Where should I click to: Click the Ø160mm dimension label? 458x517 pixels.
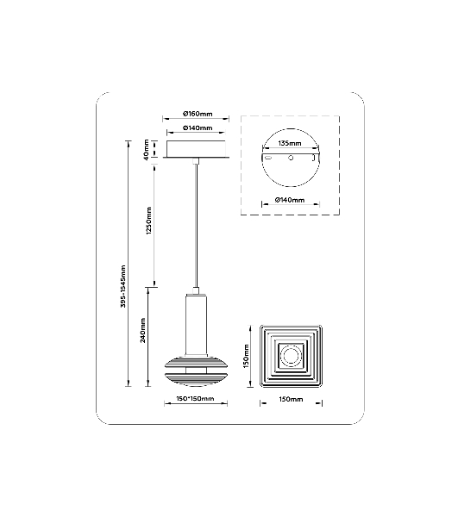pyautogui.click(x=198, y=114)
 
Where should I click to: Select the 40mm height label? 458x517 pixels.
pyautogui.click(x=146, y=150)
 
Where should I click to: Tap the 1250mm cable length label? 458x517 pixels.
pyautogui.click(x=149, y=221)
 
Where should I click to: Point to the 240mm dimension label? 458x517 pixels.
pyautogui.click(x=143, y=330)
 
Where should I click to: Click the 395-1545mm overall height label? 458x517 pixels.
pyautogui.click(x=123, y=286)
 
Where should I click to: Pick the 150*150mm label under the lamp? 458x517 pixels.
pyautogui.click(x=195, y=399)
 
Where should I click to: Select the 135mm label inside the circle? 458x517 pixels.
pyautogui.click(x=290, y=143)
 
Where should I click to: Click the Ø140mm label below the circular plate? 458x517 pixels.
pyautogui.click(x=290, y=200)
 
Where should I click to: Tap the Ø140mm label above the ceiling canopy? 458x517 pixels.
pyautogui.click(x=198, y=128)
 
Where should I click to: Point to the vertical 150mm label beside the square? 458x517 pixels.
pyautogui.click(x=246, y=357)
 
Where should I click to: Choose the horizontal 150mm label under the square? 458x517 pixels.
pyautogui.click(x=291, y=399)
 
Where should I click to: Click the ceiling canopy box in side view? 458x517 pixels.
pyautogui.click(x=196, y=149)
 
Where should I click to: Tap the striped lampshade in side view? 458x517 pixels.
pyautogui.click(x=196, y=371)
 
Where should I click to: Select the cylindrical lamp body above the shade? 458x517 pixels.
pyautogui.click(x=196, y=326)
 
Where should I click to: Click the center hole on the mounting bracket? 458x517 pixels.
pyautogui.click(x=291, y=158)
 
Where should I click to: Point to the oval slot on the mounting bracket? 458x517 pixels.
pyautogui.click(x=268, y=158)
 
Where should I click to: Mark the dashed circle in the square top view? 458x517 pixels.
pyautogui.click(x=291, y=356)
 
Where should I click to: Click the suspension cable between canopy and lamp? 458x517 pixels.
pyautogui.click(x=197, y=226)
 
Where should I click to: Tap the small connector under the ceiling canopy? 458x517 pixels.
pyautogui.click(x=197, y=161)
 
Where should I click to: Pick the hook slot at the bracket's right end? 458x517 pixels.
pyautogui.click(x=314, y=159)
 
